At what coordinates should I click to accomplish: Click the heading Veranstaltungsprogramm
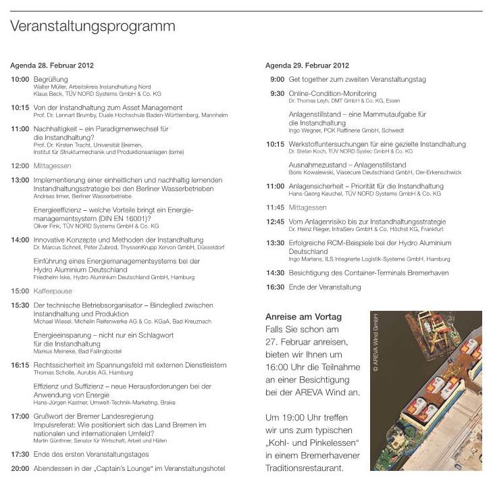click(93, 26)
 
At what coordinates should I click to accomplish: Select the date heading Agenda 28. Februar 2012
click(52, 66)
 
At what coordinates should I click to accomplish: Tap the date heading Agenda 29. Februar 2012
click(307, 66)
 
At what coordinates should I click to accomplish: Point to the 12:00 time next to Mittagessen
click(20, 166)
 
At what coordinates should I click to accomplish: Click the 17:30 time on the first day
click(20, 454)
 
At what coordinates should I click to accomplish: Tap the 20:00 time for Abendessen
click(20, 468)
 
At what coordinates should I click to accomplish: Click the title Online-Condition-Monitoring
click(332, 93)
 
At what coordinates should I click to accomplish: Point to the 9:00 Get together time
click(277, 79)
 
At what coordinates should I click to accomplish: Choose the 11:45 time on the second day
click(275, 207)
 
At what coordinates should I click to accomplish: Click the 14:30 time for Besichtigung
click(275, 273)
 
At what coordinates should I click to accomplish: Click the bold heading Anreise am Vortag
click(304, 317)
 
